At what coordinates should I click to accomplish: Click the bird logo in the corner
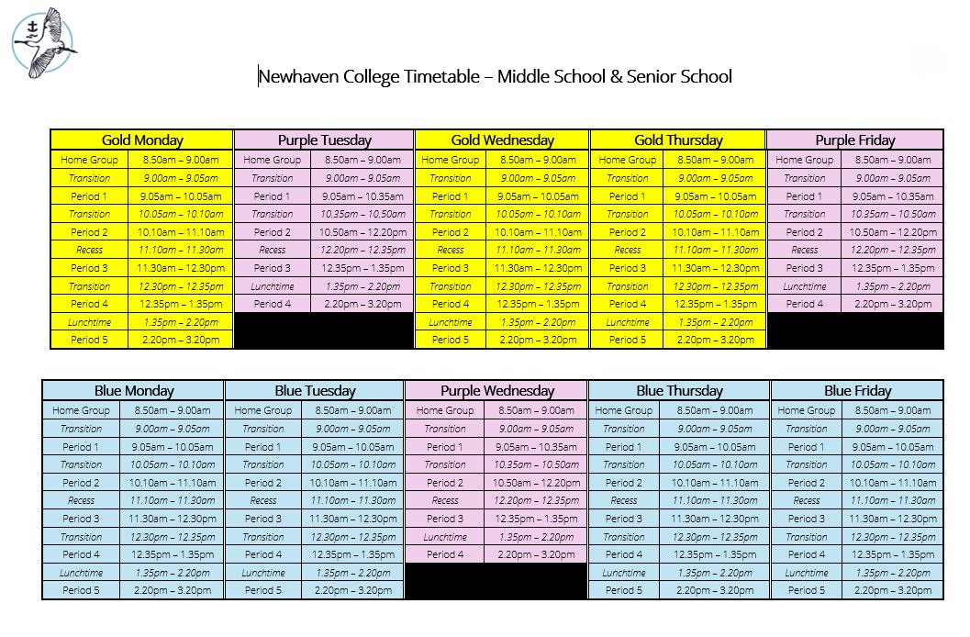pos(43,42)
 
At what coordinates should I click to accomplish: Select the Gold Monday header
pos(142,140)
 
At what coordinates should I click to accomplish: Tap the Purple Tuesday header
pos(324,140)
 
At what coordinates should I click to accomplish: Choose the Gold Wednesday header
pos(502,140)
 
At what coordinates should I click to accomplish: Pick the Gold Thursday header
pos(677,140)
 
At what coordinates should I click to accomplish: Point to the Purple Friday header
pos(854,140)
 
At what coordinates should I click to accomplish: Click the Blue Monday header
pos(133,391)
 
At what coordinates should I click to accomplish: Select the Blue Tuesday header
pos(314,391)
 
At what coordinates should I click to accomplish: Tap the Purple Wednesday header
pos(496,391)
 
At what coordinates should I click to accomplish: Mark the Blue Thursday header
pos(678,391)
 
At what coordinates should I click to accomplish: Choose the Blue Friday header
pos(857,391)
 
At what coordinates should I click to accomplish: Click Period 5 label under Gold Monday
pos(89,340)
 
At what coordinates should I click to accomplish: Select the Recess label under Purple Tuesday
pos(272,250)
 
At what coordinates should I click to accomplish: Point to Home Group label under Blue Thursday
pos(623,410)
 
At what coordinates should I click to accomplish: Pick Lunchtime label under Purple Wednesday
pos(444,537)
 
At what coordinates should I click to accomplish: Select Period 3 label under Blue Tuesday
pos(262,519)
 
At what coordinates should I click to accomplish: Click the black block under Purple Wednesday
pos(496,581)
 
